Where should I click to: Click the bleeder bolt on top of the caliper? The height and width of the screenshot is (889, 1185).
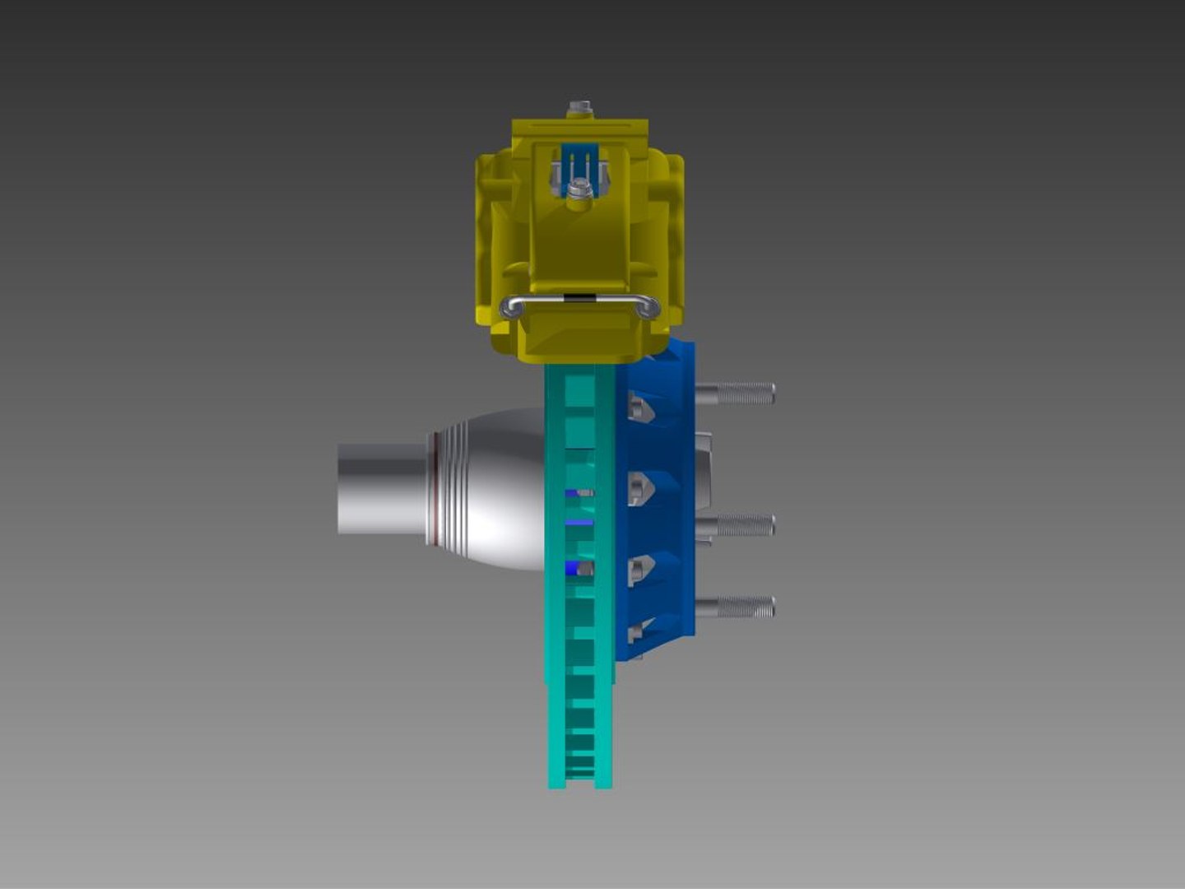(580, 108)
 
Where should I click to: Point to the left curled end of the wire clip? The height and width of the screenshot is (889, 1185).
(511, 307)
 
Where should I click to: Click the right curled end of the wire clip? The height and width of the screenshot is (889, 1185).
(649, 307)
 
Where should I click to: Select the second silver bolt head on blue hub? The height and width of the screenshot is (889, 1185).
(640, 488)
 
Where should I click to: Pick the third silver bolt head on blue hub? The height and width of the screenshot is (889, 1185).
(640, 570)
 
